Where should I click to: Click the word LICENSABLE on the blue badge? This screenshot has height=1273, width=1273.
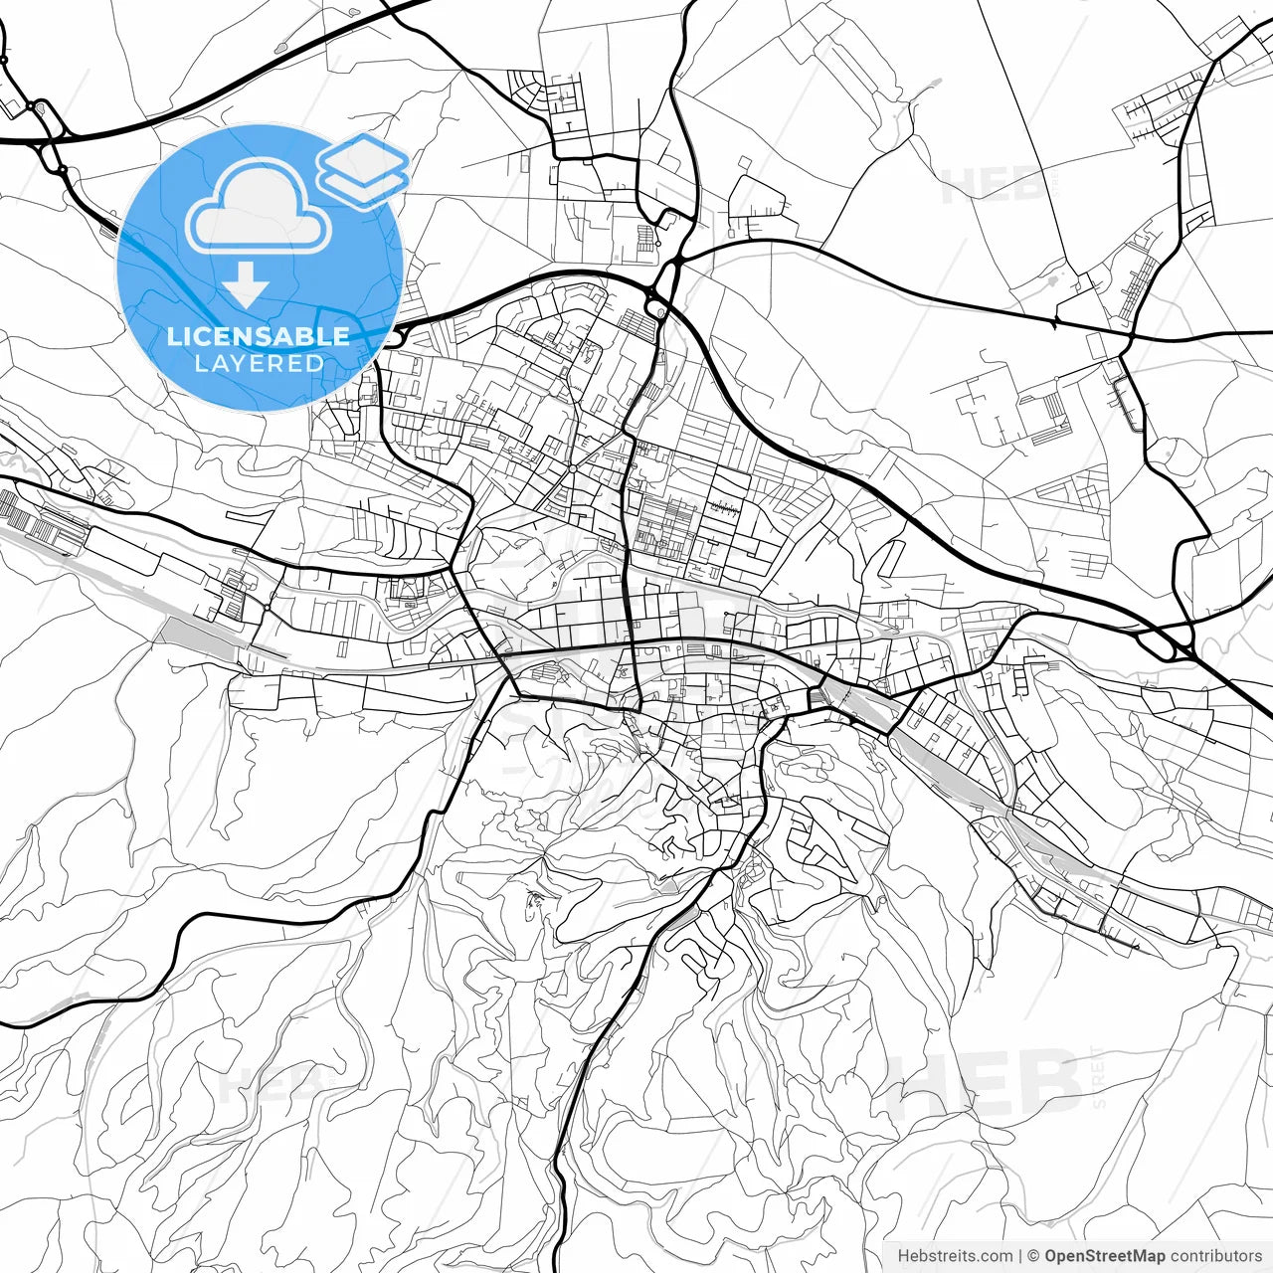click(259, 336)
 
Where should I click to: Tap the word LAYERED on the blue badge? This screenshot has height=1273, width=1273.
click(259, 364)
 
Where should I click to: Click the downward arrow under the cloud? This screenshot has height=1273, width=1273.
click(246, 284)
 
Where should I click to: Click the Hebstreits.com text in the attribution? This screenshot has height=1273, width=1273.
click(955, 1256)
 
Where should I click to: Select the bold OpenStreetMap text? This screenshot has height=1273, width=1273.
click(1105, 1256)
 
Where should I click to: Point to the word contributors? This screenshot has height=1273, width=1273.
click(1215, 1256)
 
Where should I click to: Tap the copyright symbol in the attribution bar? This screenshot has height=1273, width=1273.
click(1033, 1256)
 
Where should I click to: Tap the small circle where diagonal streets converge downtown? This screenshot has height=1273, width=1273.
click(574, 468)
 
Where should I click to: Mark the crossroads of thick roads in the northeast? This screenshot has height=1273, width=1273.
click(1128, 335)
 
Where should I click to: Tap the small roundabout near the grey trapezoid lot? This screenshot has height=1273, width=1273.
click(267, 608)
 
